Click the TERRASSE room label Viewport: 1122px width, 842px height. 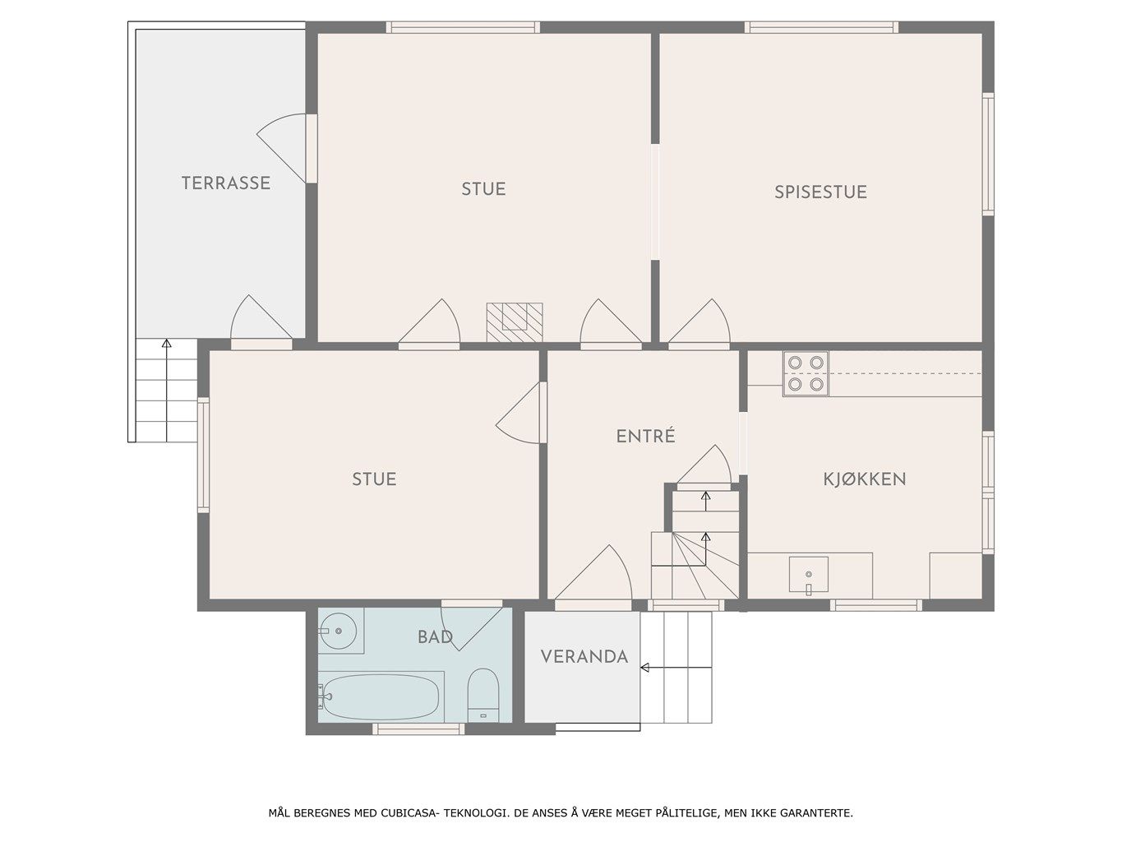point(226,183)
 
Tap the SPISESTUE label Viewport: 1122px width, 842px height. point(820,192)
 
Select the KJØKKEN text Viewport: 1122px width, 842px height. point(865,479)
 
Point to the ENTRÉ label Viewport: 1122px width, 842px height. point(645,436)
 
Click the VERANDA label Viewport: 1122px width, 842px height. point(584,656)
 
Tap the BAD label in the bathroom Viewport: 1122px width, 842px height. point(435,637)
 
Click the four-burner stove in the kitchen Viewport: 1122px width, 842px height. point(805,373)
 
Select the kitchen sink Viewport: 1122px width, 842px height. point(808,575)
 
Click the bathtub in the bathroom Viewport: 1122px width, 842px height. point(381,696)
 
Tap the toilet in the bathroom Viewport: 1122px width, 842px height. point(483,696)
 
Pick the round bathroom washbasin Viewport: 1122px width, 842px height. point(338,631)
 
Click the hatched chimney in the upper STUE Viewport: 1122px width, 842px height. point(515,322)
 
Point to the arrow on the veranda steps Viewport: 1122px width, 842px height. point(676,668)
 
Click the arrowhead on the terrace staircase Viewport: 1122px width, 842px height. point(166,343)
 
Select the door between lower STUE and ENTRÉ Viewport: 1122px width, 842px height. point(521,413)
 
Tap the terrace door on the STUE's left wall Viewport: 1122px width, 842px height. point(286,148)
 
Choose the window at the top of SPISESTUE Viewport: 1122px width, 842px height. point(821,28)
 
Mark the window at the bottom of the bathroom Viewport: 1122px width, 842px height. point(418,729)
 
